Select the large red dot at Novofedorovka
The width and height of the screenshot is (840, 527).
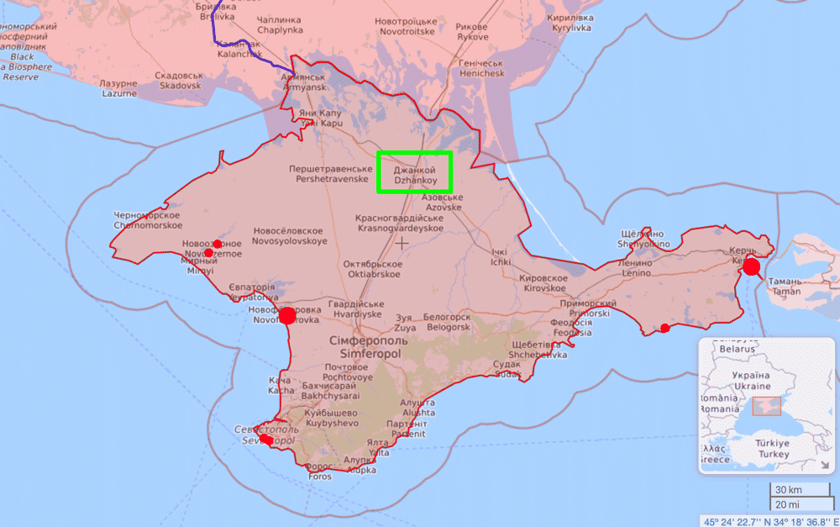coord(287,316)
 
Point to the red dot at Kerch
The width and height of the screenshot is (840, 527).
coord(751,267)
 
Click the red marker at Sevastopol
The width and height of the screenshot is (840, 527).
coord(265,439)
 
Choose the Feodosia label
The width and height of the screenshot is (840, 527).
coord(572,327)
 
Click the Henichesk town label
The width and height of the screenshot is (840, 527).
coord(480,68)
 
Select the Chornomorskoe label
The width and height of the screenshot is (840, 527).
coord(148,221)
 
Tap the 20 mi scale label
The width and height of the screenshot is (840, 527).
coord(787,504)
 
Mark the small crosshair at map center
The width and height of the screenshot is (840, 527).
coord(402,243)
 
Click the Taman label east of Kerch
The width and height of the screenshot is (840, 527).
coord(787,287)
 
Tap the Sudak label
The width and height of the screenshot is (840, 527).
coord(507,369)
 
